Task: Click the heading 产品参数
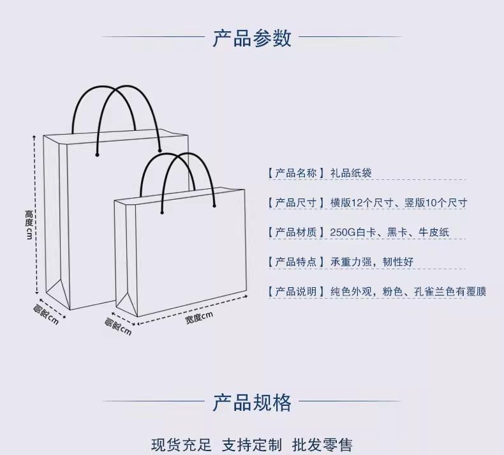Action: (x=251, y=38)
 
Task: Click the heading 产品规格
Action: (x=251, y=403)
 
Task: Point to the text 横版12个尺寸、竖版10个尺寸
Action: (x=399, y=203)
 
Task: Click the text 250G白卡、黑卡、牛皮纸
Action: (x=390, y=232)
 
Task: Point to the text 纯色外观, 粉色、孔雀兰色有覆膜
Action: (x=408, y=292)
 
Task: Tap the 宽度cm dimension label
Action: (x=199, y=317)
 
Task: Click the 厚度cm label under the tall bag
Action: (x=46, y=315)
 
